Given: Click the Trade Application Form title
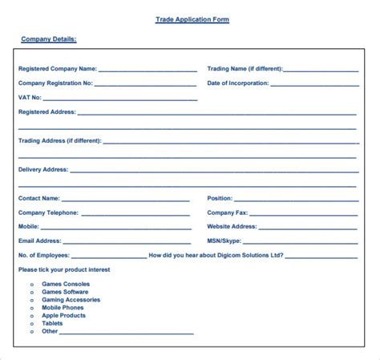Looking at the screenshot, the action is pos(192,19).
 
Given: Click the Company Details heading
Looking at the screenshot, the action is pos(48,38).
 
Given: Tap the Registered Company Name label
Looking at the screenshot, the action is pos(57,69).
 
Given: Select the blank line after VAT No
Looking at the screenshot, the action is pos(119,99).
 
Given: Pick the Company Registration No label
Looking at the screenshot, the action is pos(55,83).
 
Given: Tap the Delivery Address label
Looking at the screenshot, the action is pos(43,170).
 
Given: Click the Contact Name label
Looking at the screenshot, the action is pos(38,198).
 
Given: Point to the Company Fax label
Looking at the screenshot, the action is pos(228,212).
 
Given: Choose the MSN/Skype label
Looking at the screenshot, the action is pos(225,241).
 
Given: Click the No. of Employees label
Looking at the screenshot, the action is pos(44,255).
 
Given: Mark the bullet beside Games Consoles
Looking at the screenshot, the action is pos(31,284).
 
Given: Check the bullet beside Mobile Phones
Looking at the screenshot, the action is pos(31,308).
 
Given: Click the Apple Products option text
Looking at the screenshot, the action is pos(63,315).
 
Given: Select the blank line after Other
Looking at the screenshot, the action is pos(127,333).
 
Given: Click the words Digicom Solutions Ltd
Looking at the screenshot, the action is pos(253,255).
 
